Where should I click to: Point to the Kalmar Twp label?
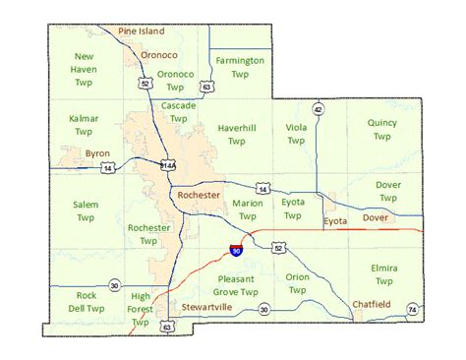tap(84, 125)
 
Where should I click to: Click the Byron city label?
tap(97, 154)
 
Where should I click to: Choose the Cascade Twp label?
tap(179, 111)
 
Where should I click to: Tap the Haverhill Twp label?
tap(236, 135)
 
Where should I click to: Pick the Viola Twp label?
tap(296, 135)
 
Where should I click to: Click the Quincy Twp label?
tap(381, 129)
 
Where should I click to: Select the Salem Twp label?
tap(85, 210)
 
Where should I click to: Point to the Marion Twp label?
tap(248, 210)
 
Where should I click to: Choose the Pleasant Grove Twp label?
tap(236, 285)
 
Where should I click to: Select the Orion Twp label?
tap(297, 283)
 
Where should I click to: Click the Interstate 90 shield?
tap(237, 252)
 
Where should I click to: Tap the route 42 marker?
tap(318, 108)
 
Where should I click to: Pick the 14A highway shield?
tap(168, 165)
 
